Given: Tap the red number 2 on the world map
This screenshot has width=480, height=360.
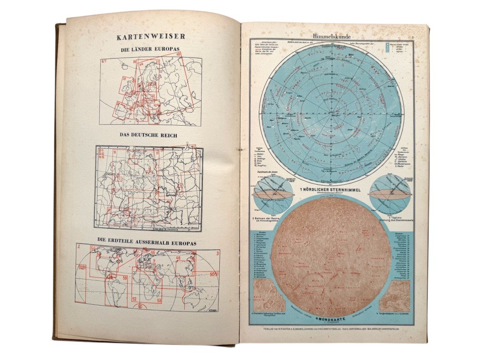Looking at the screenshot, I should (x=80, y=246).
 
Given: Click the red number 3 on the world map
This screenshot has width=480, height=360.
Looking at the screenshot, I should (x=217, y=254).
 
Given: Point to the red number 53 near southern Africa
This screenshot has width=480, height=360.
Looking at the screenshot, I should (x=159, y=300).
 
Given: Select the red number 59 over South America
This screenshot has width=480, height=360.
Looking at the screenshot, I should (x=125, y=278).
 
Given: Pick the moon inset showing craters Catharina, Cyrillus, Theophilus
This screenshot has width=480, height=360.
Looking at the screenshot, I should (x=265, y=297).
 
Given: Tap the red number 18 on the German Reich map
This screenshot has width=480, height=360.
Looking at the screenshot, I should (x=114, y=152).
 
